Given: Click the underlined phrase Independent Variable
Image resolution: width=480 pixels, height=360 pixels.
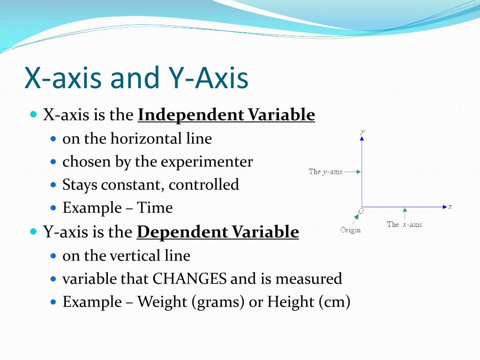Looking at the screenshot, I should point(226,115).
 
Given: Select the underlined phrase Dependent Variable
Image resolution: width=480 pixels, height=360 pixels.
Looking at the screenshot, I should point(218,232).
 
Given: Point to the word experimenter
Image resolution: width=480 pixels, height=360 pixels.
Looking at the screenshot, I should point(207,162).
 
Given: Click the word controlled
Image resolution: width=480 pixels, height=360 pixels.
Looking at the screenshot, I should point(204,185).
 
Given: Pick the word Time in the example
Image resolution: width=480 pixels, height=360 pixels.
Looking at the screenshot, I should point(155,208).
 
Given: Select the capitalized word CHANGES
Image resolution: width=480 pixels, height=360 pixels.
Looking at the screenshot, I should point(190,279).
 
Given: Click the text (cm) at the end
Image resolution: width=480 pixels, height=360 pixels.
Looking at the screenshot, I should point(334,302).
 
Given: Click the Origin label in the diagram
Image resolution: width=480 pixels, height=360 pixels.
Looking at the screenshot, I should point(351,230).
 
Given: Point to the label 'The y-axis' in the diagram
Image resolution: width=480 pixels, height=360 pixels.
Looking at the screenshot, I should point(325,172).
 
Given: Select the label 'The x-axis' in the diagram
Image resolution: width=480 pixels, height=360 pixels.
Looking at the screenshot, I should point(404,225).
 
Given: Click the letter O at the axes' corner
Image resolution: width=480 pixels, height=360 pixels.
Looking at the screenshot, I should point(360,211).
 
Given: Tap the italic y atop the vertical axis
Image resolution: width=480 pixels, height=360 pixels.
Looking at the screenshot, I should point(362,132).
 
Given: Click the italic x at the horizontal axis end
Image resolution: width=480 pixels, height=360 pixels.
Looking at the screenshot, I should point(450,206).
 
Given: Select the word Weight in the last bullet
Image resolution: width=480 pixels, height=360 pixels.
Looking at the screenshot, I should point(162,302).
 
